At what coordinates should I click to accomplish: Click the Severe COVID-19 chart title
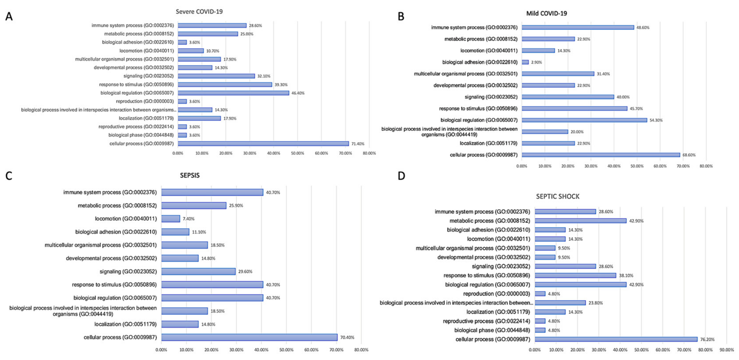click(x=199, y=12)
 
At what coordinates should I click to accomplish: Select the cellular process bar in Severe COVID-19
click(x=263, y=143)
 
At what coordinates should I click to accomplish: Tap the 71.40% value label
click(x=358, y=144)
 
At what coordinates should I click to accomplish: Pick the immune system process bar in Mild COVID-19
click(x=578, y=28)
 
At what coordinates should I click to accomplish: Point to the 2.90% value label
click(x=536, y=62)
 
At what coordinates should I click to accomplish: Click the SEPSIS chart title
click(x=190, y=175)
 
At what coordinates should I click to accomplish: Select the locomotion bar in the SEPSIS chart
click(x=170, y=219)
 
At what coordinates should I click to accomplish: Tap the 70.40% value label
click(x=347, y=337)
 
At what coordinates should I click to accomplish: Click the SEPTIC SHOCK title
click(x=558, y=197)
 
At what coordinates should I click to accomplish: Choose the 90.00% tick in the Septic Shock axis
click(x=726, y=350)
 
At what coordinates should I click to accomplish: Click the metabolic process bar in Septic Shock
click(x=580, y=221)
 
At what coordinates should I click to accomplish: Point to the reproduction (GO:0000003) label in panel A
click(x=145, y=101)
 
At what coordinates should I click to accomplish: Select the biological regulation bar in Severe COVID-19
click(x=233, y=93)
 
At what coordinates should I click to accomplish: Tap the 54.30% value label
click(x=656, y=120)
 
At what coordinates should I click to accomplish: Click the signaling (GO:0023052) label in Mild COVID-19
click(x=491, y=97)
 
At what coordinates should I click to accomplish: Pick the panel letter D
click(x=401, y=176)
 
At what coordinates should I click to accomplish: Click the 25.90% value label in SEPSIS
click(x=236, y=206)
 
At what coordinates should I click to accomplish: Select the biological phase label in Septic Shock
click(x=492, y=330)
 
